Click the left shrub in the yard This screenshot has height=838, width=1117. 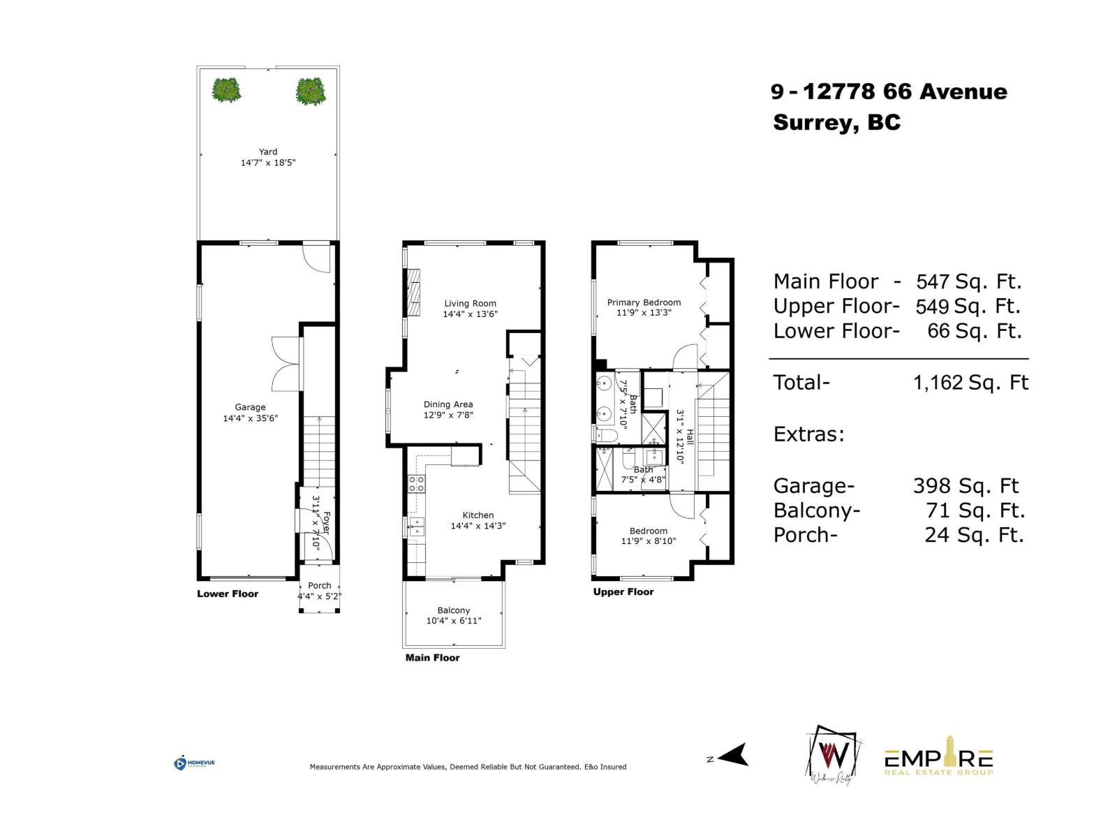point(226,90)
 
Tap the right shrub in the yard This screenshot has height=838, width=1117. point(311,91)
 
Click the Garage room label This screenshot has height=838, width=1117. point(250,407)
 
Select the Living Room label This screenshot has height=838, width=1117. point(470,304)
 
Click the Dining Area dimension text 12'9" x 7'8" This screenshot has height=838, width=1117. point(448,415)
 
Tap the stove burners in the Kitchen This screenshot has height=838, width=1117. point(417,483)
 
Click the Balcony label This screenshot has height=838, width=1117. point(454,610)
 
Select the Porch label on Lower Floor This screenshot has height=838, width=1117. point(320,586)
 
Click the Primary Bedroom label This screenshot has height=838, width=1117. point(644,302)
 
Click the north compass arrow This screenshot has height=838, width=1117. point(732,756)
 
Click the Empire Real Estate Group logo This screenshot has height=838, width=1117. point(939,760)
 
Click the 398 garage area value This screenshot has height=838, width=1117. point(932,486)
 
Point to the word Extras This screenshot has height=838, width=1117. point(809,434)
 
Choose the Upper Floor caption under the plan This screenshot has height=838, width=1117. point(623,591)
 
